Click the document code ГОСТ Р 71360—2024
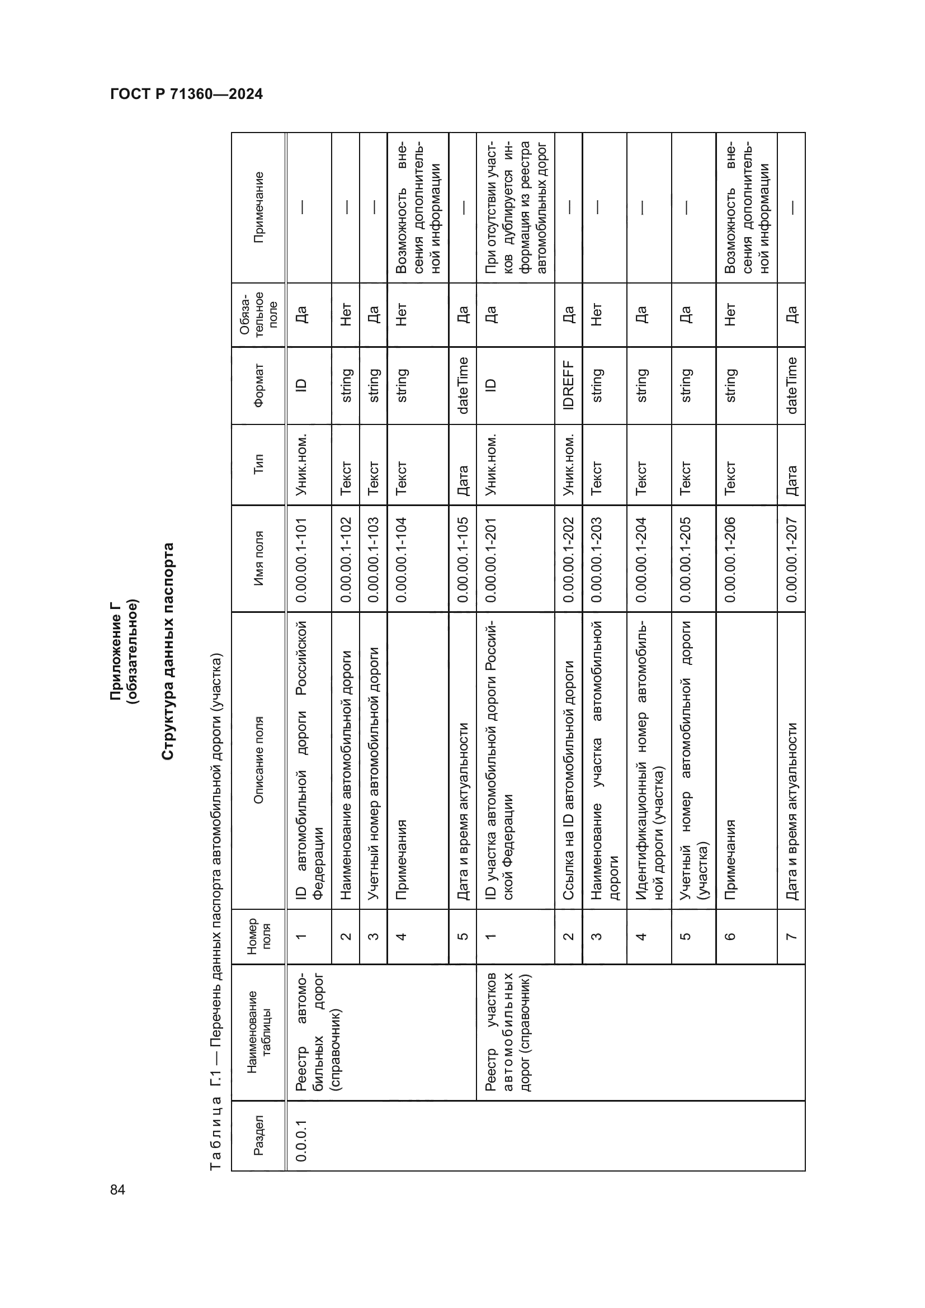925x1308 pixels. [186, 95]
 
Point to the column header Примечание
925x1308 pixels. [258, 207]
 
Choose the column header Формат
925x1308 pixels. [258, 385]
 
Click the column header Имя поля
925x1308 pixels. [258, 558]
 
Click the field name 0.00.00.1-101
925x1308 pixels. [302, 559]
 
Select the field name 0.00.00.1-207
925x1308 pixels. [791, 559]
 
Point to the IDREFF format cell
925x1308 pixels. [568, 385]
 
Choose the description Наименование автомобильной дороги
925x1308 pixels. [346, 775]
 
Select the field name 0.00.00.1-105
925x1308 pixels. [463, 559]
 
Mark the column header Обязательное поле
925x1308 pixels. [258, 314]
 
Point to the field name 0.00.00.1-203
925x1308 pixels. [596, 559]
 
